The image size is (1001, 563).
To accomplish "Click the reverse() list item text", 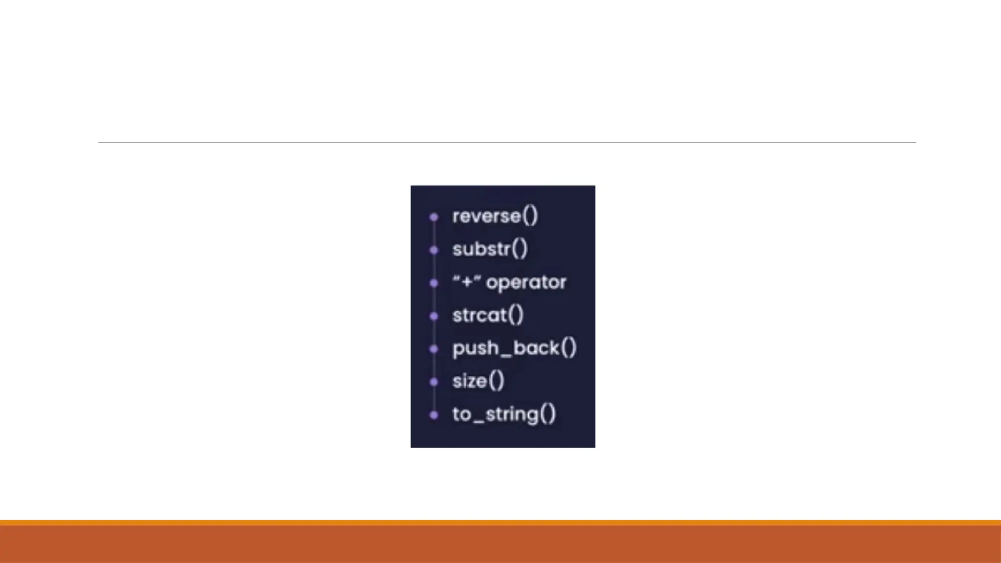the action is [495, 216].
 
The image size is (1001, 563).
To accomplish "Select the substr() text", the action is [490, 249].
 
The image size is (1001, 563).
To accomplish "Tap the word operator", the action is [526, 282].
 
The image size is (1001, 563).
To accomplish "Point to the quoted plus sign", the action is [467, 282].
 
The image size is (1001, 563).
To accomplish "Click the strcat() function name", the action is [488, 315].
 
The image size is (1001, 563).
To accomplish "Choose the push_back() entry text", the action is [514, 348].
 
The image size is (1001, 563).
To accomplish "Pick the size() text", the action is [478, 381].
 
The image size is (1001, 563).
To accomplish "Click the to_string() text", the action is [504, 414].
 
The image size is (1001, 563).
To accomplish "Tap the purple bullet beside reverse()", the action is [434, 217].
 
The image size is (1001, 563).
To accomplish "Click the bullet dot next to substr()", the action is [434, 250].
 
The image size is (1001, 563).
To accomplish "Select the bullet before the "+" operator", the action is [434, 283].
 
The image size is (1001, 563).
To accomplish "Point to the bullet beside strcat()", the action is [434, 316].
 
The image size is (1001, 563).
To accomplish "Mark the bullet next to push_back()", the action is [434, 349].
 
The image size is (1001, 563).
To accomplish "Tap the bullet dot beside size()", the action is [434, 382].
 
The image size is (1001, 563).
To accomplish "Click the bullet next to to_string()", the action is [434, 415].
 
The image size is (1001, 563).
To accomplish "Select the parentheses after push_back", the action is [568, 348].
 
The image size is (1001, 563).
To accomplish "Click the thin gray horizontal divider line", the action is [507, 143].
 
